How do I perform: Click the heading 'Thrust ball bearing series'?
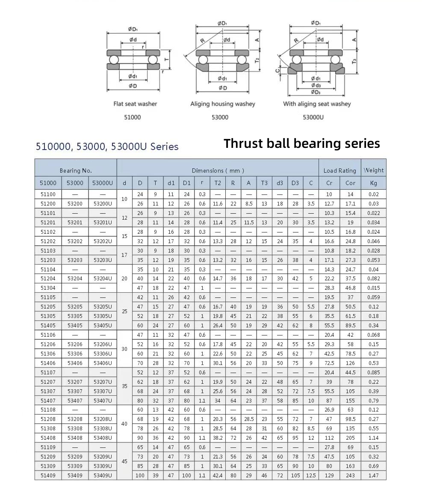click(x=301, y=143)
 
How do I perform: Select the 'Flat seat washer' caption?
click(x=135, y=104)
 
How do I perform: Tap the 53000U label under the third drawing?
click(x=313, y=117)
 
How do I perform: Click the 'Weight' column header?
click(x=373, y=170)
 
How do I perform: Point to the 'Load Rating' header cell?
click(x=339, y=171)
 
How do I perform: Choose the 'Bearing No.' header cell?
click(x=76, y=171)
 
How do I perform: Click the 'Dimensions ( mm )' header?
click(x=218, y=171)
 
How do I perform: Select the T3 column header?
click(x=264, y=183)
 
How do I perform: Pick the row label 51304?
click(x=48, y=288)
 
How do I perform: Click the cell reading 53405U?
click(x=103, y=326)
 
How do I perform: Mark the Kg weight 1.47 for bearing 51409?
click(x=373, y=476)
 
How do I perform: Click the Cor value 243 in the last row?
click(x=350, y=476)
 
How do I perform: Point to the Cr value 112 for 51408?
click(x=329, y=438)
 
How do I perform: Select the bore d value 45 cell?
click(x=124, y=462)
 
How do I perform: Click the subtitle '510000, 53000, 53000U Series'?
click(x=107, y=147)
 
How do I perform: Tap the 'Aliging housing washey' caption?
click(x=222, y=104)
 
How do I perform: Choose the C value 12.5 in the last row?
click(x=311, y=476)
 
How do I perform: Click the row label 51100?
click(x=48, y=194)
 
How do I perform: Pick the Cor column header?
click(x=350, y=183)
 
